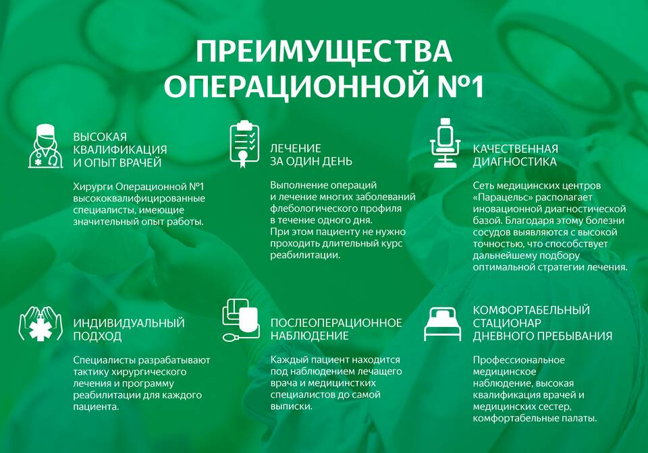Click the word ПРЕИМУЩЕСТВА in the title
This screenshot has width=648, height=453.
323,51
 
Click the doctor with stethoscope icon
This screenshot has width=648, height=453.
45,146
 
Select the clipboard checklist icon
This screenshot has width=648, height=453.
244,144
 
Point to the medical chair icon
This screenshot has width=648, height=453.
445,143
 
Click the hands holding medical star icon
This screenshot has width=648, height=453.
40,324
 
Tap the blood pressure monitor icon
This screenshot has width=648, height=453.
241,321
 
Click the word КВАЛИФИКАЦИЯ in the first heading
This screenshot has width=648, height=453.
120,150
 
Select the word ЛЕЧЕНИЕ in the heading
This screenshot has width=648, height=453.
296,148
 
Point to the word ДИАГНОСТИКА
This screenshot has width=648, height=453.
514,161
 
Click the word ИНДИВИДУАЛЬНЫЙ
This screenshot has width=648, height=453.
129,323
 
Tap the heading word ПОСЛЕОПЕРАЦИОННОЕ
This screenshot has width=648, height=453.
336,323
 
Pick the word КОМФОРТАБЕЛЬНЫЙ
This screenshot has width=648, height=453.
531,310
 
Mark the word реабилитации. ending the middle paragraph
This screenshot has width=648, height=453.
305,255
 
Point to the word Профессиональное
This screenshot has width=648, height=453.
518,360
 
